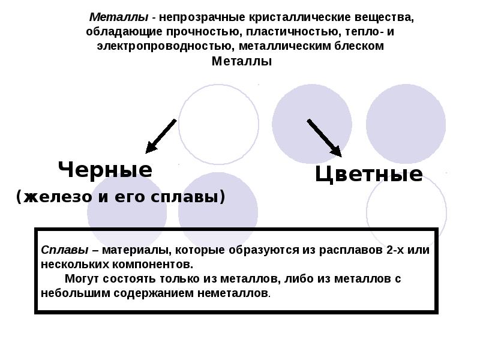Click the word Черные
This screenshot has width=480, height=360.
click(x=105, y=170)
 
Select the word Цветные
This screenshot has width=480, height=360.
click(x=369, y=175)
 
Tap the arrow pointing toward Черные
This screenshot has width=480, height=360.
click(x=161, y=136)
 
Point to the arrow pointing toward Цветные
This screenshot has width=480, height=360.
click(x=324, y=137)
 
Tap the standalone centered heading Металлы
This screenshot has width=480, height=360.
click(x=242, y=61)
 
